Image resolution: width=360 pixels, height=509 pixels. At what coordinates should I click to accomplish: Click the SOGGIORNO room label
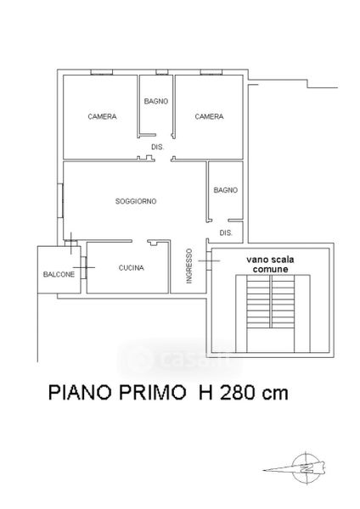pyautogui.click(x=136, y=201)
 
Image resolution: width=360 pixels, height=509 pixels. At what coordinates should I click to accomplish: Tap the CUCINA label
pyautogui.click(x=132, y=268)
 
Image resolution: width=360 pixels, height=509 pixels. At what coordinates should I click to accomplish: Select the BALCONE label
pyautogui.click(x=59, y=274)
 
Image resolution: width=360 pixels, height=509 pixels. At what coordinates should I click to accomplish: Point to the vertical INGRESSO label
pyautogui.click(x=189, y=266)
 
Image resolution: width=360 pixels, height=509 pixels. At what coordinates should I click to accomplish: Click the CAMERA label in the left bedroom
pyautogui.click(x=103, y=116)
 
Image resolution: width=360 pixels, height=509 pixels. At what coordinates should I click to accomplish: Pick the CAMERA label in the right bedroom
pyautogui.click(x=209, y=116)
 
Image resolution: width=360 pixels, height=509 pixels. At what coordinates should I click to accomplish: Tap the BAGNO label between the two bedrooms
pyautogui.click(x=156, y=101)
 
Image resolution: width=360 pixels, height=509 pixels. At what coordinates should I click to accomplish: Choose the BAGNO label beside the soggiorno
pyautogui.click(x=226, y=190)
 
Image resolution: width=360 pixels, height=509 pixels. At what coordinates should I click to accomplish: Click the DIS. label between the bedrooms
pyautogui.click(x=158, y=147)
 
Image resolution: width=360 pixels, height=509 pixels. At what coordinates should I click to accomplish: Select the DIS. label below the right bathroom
pyautogui.click(x=226, y=232)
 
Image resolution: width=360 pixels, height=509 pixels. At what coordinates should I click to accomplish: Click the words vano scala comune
pyautogui.click(x=270, y=264)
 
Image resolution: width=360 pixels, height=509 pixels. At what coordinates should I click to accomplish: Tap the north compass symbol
pyautogui.click(x=306, y=467)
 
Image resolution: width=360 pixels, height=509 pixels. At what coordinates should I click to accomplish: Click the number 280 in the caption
pyautogui.click(x=238, y=393)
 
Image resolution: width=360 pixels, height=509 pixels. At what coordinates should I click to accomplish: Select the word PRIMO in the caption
pyautogui.click(x=151, y=393)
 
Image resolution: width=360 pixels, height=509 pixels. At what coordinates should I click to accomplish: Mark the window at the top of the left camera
pyautogui.click(x=101, y=72)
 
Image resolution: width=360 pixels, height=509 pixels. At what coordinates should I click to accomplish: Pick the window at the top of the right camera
pyautogui.click(x=211, y=72)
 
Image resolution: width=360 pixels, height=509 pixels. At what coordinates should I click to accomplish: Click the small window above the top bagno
pyautogui.click(x=162, y=72)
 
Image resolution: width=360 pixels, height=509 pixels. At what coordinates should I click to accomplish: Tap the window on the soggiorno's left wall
pyautogui.click(x=60, y=200)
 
